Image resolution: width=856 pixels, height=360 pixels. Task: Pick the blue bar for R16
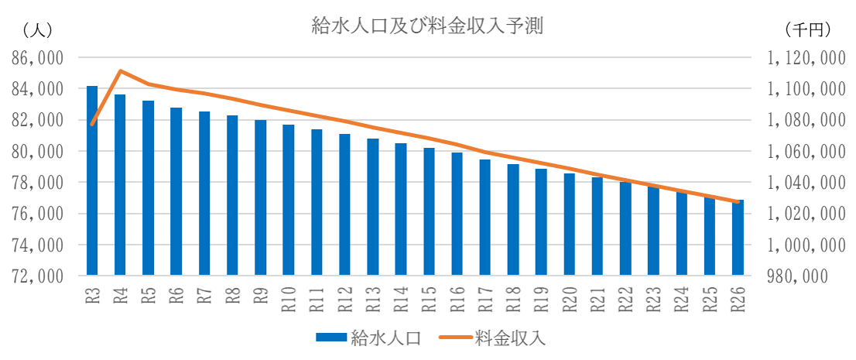pyautogui.click(x=457, y=214)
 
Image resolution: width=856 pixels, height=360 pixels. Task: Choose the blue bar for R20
pyautogui.click(x=569, y=225)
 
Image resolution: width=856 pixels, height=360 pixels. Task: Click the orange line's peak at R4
pyautogui.click(x=120, y=70)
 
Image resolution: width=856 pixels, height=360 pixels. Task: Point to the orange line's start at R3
pyautogui.click(x=92, y=124)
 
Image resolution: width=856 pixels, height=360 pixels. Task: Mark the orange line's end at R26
pyautogui.click(x=738, y=201)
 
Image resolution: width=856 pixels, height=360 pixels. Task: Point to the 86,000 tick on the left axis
pyautogui.click(x=36, y=58)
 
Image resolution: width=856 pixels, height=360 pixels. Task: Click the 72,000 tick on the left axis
pyautogui.click(x=36, y=276)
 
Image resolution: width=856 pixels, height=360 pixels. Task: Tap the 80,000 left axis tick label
pyautogui.click(x=36, y=152)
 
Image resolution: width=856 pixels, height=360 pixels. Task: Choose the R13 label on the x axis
pyautogui.click(x=372, y=297)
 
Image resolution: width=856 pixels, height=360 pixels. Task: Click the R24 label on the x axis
pyautogui.click(x=681, y=297)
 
